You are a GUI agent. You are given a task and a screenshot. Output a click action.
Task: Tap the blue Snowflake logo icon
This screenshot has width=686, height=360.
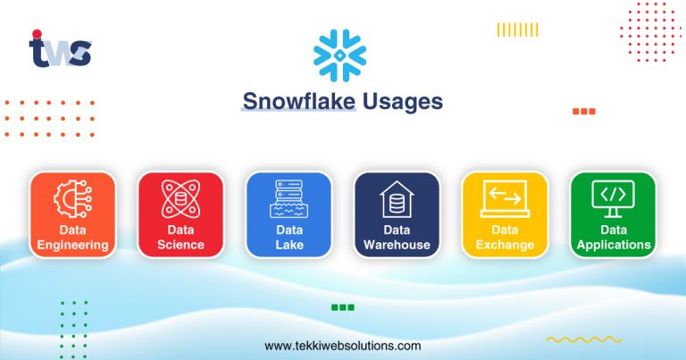(x=339, y=55)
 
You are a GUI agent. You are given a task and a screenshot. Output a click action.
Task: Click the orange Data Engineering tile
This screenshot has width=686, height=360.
(x=72, y=215)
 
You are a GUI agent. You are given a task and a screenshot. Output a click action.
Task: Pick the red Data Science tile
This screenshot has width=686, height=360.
(x=180, y=215)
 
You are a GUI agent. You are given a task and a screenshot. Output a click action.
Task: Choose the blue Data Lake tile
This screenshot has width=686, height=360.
(x=289, y=215)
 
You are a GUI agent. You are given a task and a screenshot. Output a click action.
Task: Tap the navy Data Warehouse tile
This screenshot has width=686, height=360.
(x=397, y=215)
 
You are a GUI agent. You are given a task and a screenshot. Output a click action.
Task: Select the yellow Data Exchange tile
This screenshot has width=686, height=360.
(x=505, y=215)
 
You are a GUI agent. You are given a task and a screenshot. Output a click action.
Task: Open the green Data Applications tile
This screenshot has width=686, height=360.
(x=613, y=215)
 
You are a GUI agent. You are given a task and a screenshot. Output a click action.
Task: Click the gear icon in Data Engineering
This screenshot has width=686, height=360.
(x=72, y=199)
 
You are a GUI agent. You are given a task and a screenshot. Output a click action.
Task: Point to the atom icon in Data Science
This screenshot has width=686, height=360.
(x=180, y=199)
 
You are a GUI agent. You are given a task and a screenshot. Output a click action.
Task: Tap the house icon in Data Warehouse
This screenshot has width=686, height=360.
(x=397, y=199)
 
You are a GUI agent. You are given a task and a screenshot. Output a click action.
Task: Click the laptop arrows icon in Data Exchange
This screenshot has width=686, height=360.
(x=505, y=199)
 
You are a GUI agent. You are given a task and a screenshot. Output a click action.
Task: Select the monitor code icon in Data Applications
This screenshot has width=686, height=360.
(x=613, y=197)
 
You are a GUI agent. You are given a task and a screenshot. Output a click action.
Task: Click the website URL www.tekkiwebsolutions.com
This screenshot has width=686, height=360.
(x=343, y=346)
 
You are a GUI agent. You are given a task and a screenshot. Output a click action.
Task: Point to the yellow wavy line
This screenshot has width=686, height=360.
(x=571, y=339)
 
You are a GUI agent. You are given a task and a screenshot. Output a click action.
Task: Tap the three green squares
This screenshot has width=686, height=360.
(x=343, y=307)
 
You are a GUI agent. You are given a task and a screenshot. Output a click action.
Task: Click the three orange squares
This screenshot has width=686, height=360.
(x=583, y=112)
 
